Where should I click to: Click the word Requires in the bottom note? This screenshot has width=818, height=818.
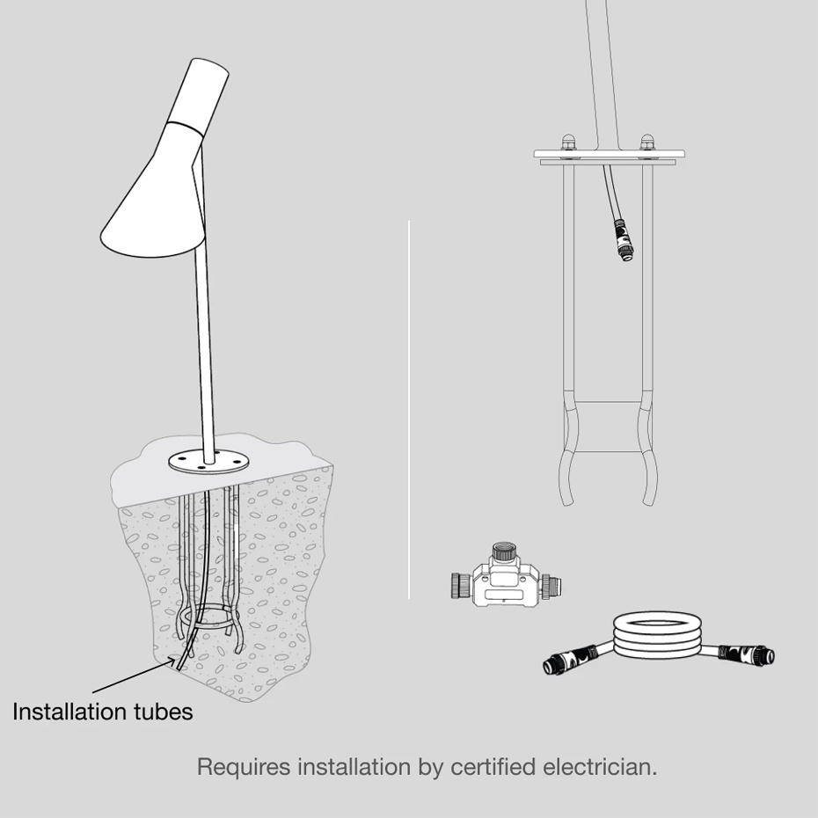243,767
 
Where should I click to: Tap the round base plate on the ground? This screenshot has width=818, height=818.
208,462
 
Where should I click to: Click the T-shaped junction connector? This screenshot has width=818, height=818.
506,578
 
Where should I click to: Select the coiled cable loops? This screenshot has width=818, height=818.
657,635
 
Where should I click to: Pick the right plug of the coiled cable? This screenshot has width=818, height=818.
747,654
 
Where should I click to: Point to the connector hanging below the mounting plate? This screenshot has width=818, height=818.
623,240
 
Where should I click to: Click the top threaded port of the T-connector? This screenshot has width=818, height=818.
505,551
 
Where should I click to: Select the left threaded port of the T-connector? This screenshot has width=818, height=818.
460,585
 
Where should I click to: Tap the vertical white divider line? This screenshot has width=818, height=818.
409,410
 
